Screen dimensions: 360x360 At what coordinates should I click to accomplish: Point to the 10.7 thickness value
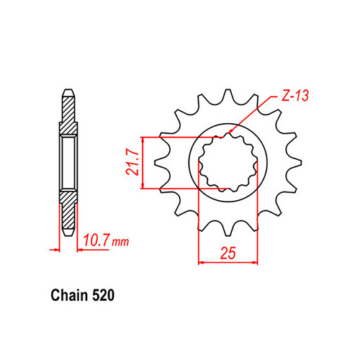[95, 240]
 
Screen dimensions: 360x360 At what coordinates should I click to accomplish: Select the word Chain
[69, 296]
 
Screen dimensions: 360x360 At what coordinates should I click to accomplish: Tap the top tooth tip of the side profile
[66, 91]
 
